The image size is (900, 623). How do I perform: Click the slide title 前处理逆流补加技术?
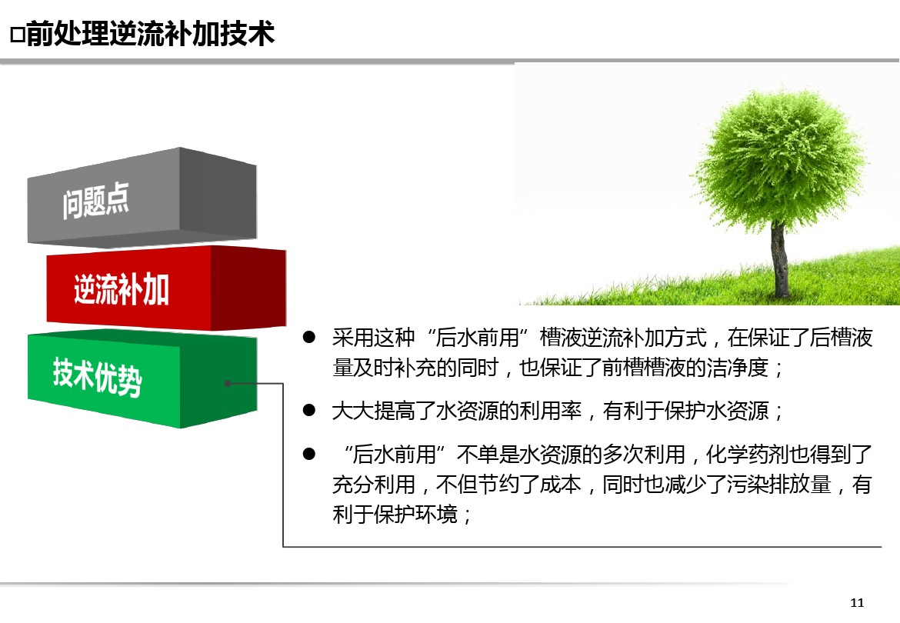tap(150, 33)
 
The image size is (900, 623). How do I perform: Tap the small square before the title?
tap(17, 35)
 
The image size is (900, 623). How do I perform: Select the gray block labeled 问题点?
tap(142, 198)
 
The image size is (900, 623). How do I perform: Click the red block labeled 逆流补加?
tap(166, 288)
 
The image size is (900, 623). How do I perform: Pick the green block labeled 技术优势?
tap(142, 378)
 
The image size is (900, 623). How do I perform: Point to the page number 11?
tap(857, 602)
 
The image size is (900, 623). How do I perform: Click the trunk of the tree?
tap(779, 260)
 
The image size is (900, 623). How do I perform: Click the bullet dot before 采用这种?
tap(309, 338)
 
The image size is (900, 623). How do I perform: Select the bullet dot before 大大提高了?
tap(309, 410)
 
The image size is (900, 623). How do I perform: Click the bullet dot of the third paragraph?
tap(309, 455)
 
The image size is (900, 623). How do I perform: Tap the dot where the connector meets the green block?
tap(228, 383)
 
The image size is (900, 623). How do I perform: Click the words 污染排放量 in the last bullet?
tap(779, 485)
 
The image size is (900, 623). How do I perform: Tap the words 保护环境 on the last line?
tap(415, 514)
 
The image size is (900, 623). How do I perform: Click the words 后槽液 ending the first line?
tap(842, 338)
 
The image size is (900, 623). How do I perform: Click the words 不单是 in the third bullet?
tap(488, 455)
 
